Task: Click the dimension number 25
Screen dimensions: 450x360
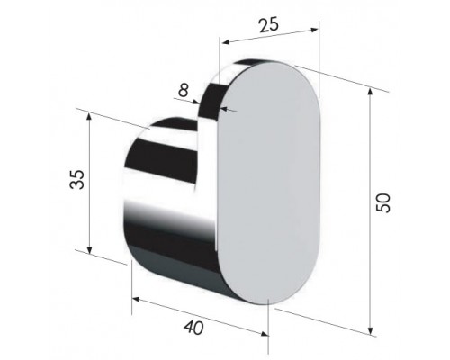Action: (x=269, y=25)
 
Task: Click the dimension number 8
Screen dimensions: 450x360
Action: (x=184, y=90)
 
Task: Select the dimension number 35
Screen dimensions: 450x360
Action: (x=76, y=179)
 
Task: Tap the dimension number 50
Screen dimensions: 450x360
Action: (x=383, y=203)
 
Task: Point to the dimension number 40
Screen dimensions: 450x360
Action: (x=193, y=327)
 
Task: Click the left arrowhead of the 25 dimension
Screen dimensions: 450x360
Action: (x=226, y=41)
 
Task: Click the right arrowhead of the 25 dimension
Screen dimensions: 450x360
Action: (x=314, y=30)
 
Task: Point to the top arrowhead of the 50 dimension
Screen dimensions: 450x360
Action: (x=371, y=92)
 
